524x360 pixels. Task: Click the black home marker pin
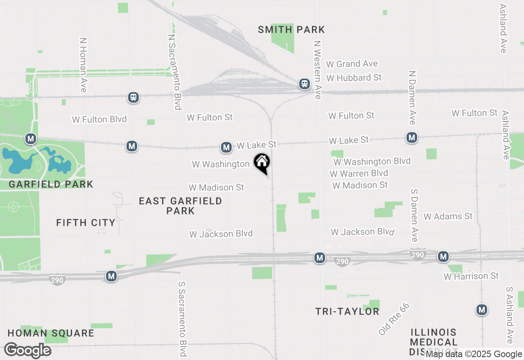(262, 163)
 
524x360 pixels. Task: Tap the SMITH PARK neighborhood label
(291, 29)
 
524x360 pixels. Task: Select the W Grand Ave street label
(352, 64)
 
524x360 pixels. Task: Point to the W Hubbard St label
(354, 77)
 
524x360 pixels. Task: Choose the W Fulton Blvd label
(99, 119)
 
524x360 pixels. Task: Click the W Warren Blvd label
(359, 173)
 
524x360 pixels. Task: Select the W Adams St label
(448, 216)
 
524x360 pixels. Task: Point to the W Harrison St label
(471, 276)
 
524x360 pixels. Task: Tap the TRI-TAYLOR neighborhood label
(347, 311)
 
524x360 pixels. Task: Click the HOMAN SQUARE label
(51, 333)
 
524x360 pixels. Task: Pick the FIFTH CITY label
(86, 223)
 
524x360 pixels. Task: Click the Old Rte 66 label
(394, 319)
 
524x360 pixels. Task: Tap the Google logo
(28, 351)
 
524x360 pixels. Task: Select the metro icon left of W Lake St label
(226, 147)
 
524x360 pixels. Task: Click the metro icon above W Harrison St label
(443, 256)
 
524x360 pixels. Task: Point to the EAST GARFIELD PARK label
(181, 206)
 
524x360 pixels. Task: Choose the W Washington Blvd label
(372, 162)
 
